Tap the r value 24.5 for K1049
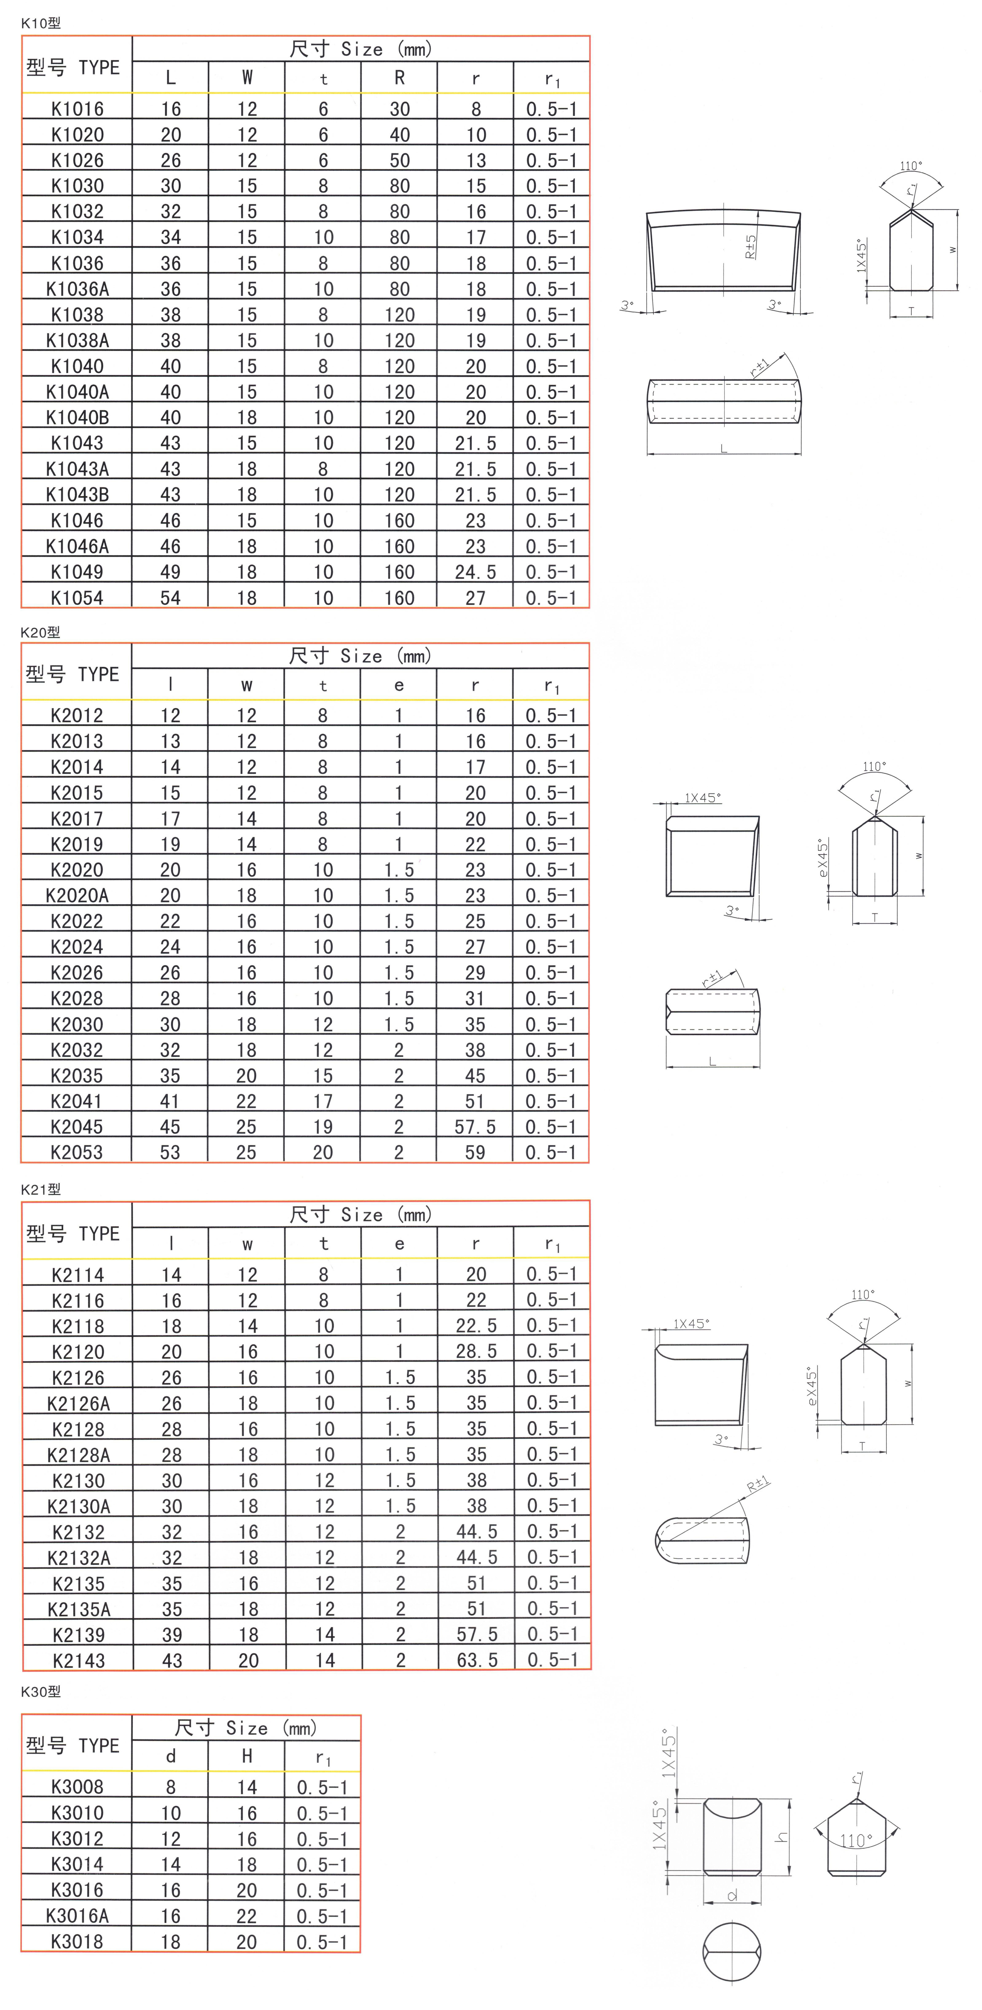click(x=475, y=572)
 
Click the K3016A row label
click(x=77, y=1916)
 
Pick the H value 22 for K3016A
click(x=247, y=1916)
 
